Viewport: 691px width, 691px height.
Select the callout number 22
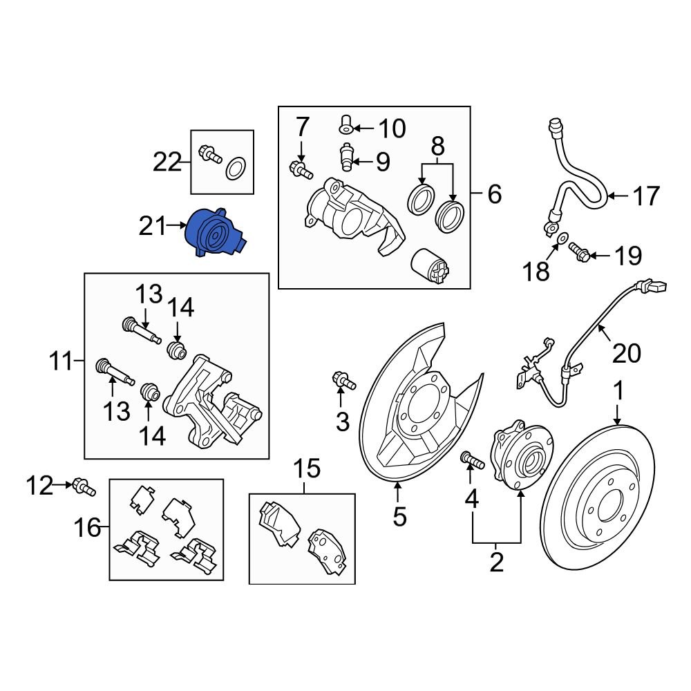coord(167,163)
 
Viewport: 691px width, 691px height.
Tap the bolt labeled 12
coord(82,487)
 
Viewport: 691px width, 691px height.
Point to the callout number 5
coord(399,515)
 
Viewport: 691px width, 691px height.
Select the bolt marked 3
coord(343,379)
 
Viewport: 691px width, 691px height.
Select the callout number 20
coord(627,353)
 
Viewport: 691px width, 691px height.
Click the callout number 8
coord(437,146)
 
